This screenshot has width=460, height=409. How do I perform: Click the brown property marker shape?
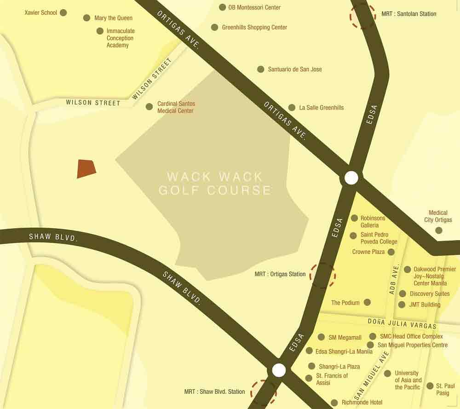[x=86, y=168]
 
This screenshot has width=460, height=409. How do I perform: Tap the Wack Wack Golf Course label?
[x=215, y=183]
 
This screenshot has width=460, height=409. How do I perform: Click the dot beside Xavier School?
[x=63, y=12]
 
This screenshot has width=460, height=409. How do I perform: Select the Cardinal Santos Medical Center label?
[x=175, y=107]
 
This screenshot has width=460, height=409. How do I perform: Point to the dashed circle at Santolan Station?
[x=363, y=16]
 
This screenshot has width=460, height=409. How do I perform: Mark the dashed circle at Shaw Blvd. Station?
[x=264, y=392]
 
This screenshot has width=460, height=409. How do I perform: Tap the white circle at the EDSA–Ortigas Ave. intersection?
[x=351, y=178]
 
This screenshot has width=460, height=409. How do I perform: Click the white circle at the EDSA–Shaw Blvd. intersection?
[x=279, y=370]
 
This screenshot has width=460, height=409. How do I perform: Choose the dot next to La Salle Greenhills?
[x=292, y=108]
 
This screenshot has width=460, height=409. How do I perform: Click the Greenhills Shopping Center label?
[x=254, y=27]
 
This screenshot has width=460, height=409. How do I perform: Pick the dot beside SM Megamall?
[x=321, y=337]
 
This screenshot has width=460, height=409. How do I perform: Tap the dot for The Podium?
[x=368, y=302]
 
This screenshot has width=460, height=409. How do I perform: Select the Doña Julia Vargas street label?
[x=402, y=323]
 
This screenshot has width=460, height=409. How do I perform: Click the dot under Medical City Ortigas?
[x=439, y=230]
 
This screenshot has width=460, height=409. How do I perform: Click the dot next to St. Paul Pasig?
[x=430, y=386]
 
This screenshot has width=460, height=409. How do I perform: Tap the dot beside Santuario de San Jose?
[x=261, y=69]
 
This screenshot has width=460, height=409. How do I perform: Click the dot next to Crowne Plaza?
[x=391, y=252]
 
